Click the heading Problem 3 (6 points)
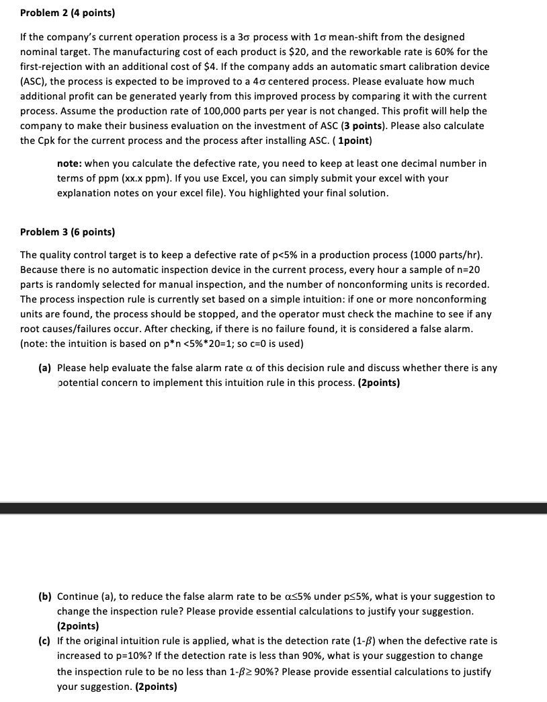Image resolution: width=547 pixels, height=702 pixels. coord(67,232)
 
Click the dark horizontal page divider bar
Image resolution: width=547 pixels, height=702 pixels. coord(273,508)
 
